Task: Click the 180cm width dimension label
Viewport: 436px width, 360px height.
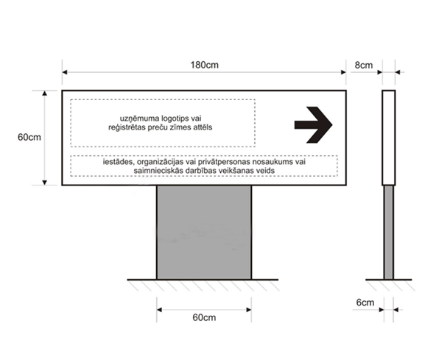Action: (x=204, y=65)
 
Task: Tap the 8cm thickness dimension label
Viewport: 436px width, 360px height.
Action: (x=363, y=65)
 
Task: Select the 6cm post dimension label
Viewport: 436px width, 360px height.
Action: (x=365, y=303)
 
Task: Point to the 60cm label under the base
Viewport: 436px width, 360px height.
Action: (x=204, y=317)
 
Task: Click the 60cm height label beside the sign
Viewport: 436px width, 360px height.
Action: (x=29, y=137)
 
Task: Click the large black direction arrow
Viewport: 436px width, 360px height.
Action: (x=314, y=125)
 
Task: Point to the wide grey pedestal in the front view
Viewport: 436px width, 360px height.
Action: (x=204, y=233)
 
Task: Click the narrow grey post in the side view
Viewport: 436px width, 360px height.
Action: (x=389, y=233)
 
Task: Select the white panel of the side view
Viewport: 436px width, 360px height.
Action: (x=389, y=138)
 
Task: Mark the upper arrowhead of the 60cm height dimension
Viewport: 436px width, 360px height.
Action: (x=44, y=93)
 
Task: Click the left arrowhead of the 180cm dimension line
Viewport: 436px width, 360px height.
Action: (x=65, y=72)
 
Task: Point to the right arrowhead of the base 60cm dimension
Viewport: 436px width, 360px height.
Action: (x=249, y=310)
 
